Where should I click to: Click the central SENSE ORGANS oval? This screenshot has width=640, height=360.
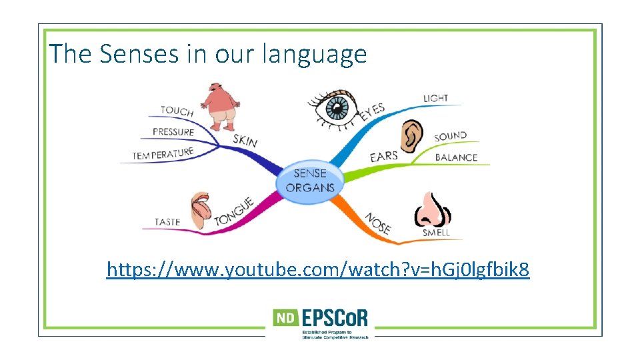click(310, 180)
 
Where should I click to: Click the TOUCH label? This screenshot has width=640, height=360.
click(177, 111)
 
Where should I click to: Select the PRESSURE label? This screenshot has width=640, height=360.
click(173, 132)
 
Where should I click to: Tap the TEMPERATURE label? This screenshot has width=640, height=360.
click(163, 154)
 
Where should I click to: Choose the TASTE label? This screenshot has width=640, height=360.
click(167, 221)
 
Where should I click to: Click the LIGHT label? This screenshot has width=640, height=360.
click(436, 99)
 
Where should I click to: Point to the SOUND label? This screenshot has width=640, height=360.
click(451, 137)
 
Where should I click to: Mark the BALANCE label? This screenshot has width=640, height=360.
click(457, 157)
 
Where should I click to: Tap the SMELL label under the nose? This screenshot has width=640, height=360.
click(437, 233)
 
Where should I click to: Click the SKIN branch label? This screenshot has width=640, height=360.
click(245, 140)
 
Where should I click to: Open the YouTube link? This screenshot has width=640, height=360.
click(318, 270)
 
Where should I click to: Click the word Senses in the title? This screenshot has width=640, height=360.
click(139, 53)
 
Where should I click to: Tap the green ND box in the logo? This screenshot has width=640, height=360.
click(285, 319)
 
